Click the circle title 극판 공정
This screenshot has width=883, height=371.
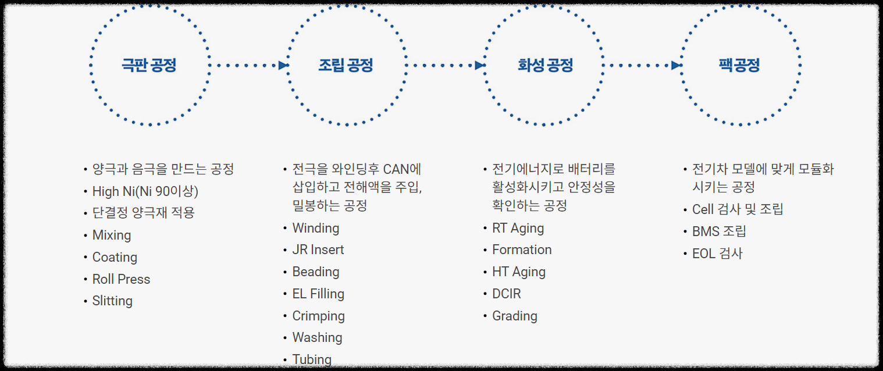coord(149,65)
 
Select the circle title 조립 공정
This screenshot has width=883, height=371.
coord(346,65)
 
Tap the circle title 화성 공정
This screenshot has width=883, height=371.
coord(545,65)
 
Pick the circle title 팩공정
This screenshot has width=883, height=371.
coord(739,65)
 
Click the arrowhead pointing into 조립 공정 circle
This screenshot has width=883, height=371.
coord(283,65)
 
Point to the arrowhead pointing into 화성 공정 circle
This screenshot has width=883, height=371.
coord(480,65)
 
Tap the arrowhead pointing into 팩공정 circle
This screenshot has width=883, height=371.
coord(676,65)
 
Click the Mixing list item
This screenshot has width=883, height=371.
coord(112,236)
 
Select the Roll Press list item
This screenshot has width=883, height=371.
coord(121,279)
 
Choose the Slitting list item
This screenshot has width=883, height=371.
coord(112,301)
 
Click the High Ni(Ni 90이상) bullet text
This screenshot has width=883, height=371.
coord(145,191)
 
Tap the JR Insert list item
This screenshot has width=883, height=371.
coord(318,250)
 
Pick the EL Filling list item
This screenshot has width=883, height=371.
coord(318,294)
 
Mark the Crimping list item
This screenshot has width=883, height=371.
coord(318,316)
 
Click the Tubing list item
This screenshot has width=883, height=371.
coord(312,359)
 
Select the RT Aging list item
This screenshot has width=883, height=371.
coord(518,229)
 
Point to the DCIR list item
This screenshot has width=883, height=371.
coord(507,294)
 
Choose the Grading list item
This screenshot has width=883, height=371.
coord(515,316)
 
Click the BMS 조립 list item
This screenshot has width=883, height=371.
coord(719,231)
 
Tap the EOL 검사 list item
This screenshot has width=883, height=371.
coord(717,254)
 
